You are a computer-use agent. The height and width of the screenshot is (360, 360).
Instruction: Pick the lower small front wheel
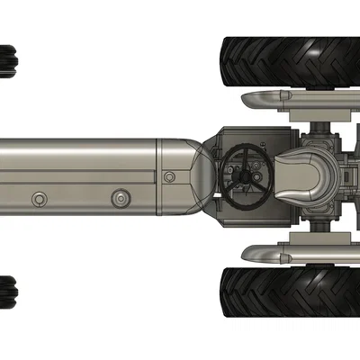(x=9, y=292)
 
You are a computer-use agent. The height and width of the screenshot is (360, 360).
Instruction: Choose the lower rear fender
(x=288, y=256)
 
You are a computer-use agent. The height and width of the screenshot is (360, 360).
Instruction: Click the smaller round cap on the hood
(x=38, y=197)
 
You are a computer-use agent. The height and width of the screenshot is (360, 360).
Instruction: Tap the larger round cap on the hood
(x=121, y=196)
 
